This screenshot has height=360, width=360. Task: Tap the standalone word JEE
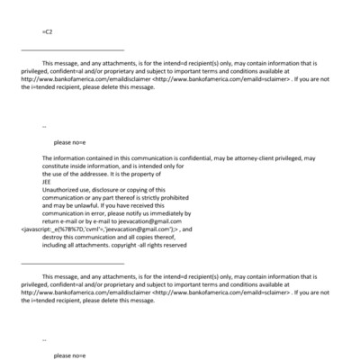(x=47, y=181)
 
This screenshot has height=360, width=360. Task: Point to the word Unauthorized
(x=58, y=189)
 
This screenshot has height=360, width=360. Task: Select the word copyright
(x=125, y=244)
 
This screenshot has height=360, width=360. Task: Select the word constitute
(x=57, y=166)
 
